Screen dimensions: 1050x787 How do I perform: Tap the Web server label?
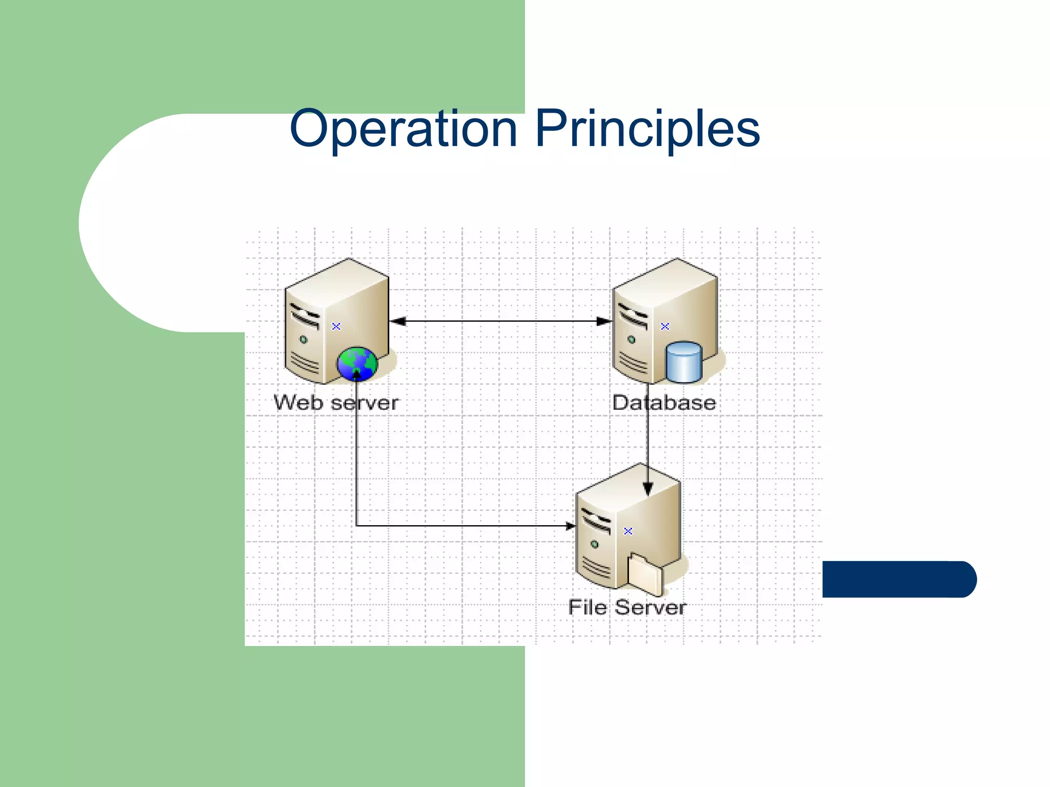(x=336, y=403)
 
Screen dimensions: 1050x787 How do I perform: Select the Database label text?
(x=664, y=403)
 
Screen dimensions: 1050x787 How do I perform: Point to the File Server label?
(x=627, y=608)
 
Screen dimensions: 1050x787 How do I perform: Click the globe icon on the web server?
(x=357, y=364)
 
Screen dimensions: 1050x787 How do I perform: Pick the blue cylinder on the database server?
(x=683, y=362)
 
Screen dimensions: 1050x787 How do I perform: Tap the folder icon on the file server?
(x=645, y=574)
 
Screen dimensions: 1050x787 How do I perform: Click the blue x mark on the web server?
(x=336, y=326)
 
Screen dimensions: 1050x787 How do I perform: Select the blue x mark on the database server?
(x=665, y=326)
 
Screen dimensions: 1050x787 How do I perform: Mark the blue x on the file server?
(x=628, y=531)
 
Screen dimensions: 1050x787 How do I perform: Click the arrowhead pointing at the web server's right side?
(x=398, y=321)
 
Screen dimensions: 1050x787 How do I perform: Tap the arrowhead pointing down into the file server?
(x=648, y=489)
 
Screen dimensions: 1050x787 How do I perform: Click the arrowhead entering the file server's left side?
(x=570, y=526)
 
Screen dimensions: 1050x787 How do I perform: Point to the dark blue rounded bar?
(x=899, y=579)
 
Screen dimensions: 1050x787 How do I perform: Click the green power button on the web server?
(x=304, y=339)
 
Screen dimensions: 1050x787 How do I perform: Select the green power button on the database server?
(x=632, y=339)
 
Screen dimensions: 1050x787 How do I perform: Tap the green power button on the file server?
(x=595, y=544)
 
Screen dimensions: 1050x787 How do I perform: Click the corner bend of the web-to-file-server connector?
(x=356, y=526)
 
